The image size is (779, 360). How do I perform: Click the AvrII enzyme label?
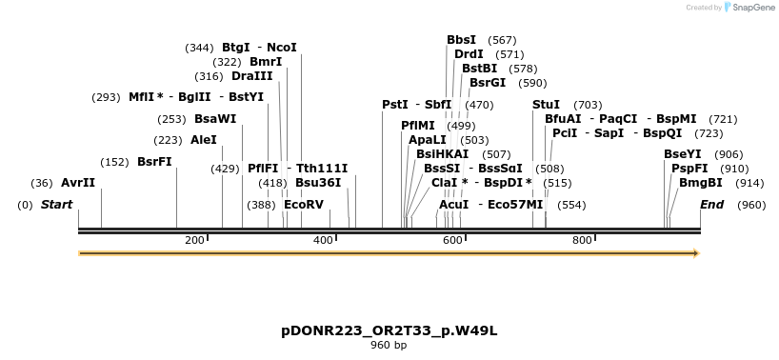coord(78,183)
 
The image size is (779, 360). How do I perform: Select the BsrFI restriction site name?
coord(154,162)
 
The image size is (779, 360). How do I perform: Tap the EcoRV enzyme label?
coord(304,205)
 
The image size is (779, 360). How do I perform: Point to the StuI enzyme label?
coord(546,105)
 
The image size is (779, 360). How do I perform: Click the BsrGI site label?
coord(488,83)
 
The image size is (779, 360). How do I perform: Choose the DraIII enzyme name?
coord(252,76)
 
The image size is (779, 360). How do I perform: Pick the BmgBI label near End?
coord(701,183)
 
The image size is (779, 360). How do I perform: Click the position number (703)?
coord(588,106)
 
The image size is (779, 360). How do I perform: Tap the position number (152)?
coord(115,162)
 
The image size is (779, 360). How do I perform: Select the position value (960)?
coord(751,205)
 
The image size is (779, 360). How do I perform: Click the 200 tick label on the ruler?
coord(194,240)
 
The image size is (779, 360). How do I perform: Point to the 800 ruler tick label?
coord(582,240)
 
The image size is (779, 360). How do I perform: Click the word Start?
coord(56,205)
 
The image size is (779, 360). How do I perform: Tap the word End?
coord(712,205)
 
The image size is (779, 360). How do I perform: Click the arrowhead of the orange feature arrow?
coord(696,253)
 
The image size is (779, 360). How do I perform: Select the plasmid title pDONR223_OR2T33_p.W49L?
coord(389,331)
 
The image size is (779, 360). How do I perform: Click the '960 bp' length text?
coord(389,345)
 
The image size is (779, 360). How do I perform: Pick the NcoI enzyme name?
coord(282,48)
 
